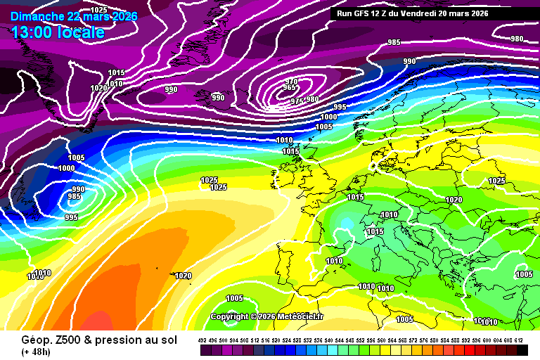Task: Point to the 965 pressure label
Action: [x=290, y=88]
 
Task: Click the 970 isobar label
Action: [x=292, y=82]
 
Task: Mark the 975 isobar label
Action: [x=297, y=101]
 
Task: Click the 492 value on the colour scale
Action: [x=202, y=340]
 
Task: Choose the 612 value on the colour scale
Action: [x=520, y=340]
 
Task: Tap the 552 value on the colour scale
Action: [x=361, y=340]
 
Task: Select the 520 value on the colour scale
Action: [x=277, y=340]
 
